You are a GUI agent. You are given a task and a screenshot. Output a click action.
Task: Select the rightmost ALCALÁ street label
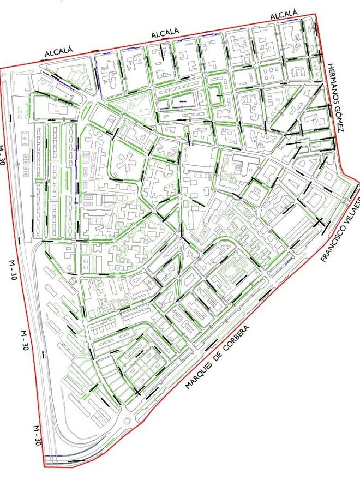(284, 13)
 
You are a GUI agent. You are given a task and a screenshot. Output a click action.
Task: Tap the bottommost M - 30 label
(37, 436)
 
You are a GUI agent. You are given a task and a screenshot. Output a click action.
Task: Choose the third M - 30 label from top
(24, 339)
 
